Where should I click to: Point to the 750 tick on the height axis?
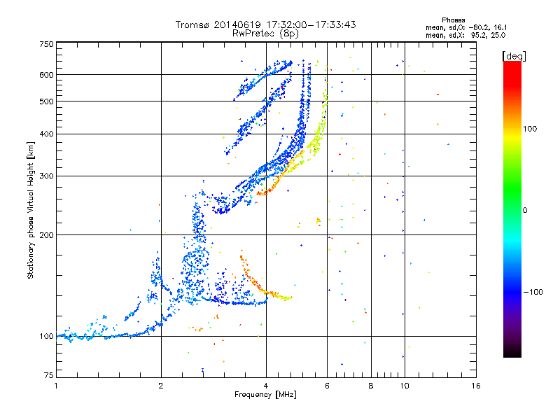tap(46, 44)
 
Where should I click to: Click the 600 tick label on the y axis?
tap(46, 74)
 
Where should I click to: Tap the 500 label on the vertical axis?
tap(46, 101)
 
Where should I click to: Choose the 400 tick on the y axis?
tap(46, 134)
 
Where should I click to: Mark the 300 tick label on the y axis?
tap(46, 176)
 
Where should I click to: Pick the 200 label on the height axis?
tap(46, 234)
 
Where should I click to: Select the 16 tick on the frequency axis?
tap(475, 386)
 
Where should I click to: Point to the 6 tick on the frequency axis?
tap(328, 386)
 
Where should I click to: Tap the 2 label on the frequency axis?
tap(161, 386)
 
